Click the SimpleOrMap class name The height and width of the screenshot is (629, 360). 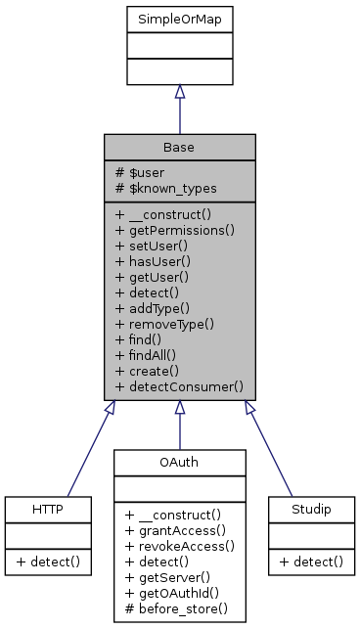pos(179,19)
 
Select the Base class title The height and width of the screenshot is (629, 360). pos(179,147)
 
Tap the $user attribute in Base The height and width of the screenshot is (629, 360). pos(139,172)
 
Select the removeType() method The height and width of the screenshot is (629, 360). pos(164,324)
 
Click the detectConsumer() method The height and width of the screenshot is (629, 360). pos(178,386)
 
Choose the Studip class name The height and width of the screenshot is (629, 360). pos(308,510)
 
